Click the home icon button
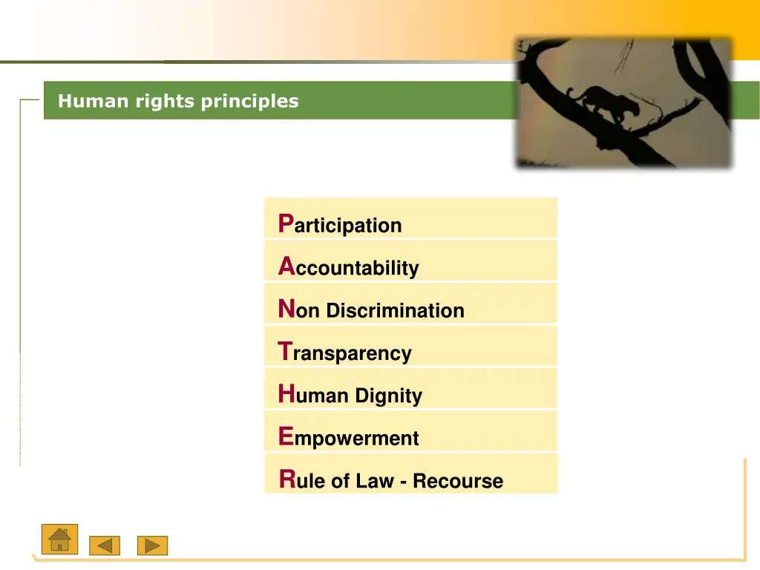[59, 539]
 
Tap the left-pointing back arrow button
[105, 546]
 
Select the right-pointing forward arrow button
[152, 546]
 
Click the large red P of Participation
[286, 223]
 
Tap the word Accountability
[356, 268]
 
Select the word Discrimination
[395, 310]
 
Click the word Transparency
[352, 353]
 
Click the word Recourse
[458, 481]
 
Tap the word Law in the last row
[375, 481]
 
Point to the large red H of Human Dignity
[286, 393]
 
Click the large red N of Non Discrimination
[286, 309]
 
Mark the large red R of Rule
[287, 479]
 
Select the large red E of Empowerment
[286, 436]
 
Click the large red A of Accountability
[286, 266]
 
